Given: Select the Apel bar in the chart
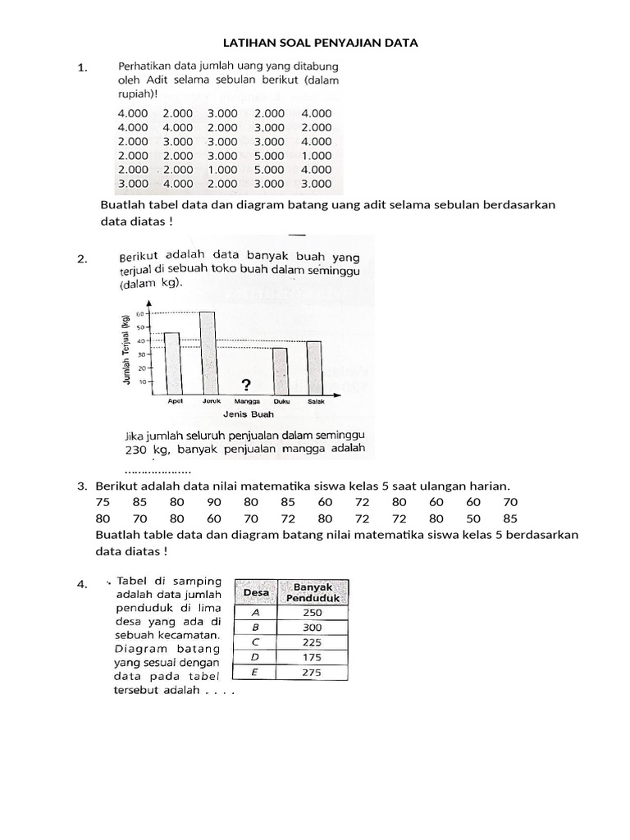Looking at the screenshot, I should [x=171, y=363].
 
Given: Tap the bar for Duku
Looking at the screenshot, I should [x=280, y=371].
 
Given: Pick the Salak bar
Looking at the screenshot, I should [x=314, y=367].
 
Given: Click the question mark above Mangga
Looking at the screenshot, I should [x=244, y=385].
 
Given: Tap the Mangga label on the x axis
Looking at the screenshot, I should [x=245, y=401].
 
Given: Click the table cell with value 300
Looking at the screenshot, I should [x=312, y=627].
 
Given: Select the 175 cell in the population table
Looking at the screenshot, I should [x=312, y=657].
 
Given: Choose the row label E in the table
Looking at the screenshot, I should [x=254, y=673].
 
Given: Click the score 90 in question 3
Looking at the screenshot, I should [x=214, y=502].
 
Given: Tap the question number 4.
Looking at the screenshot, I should [x=81, y=585].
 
